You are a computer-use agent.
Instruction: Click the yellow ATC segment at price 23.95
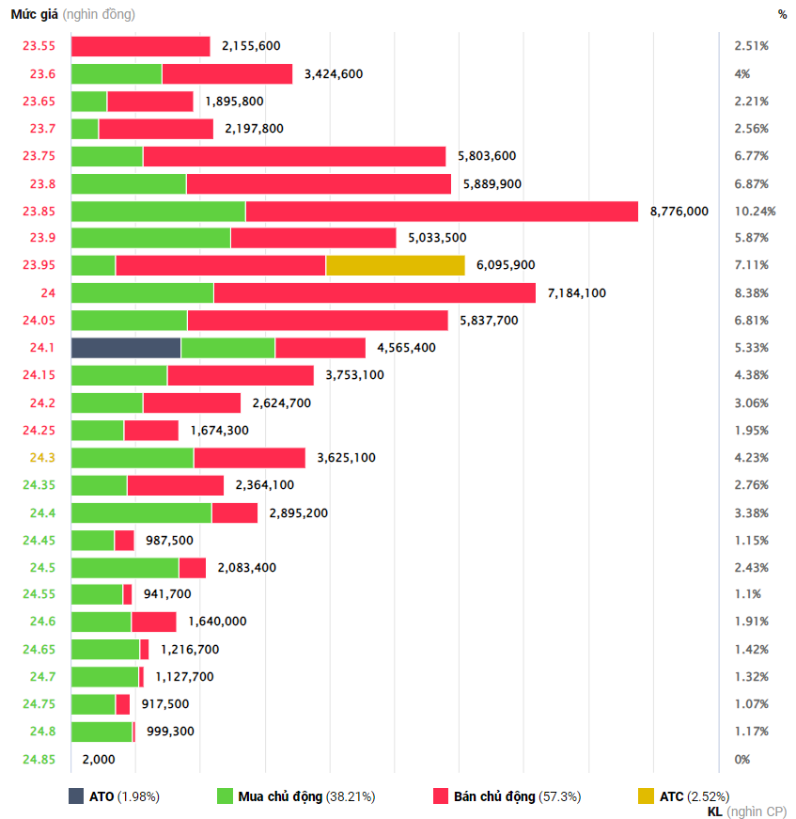[395, 265]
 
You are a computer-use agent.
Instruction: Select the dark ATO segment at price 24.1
[126, 348]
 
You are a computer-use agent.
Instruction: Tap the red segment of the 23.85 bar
[442, 212]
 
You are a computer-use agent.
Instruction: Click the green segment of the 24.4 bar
[141, 512]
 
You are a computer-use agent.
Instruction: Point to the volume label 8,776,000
[679, 212]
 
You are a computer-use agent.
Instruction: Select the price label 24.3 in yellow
[42, 458]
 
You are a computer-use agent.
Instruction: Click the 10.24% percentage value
[752, 212]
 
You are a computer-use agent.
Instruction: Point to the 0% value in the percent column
[742, 759]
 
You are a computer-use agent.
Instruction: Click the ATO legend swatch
[76, 796]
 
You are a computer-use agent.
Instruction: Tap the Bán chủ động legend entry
[507, 796]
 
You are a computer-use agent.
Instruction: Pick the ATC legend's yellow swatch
[646, 796]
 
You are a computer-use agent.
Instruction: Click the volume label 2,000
[99, 759]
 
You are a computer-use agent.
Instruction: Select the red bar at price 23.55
[141, 46]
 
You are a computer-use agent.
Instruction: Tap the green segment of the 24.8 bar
[101, 732]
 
